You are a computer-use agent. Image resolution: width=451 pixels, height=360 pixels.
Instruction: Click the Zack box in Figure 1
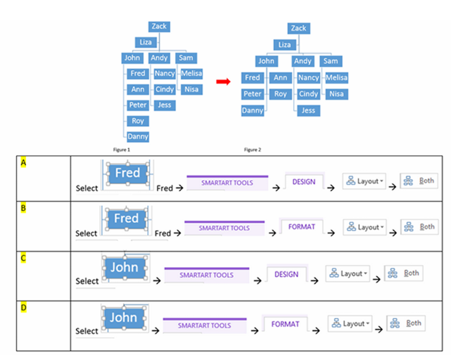(x=159, y=26)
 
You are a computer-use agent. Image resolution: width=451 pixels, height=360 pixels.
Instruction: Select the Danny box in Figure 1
(x=138, y=136)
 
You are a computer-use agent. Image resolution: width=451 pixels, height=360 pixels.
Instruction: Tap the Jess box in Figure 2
(x=308, y=110)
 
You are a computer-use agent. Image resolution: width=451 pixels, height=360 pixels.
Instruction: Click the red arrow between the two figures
(x=223, y=82)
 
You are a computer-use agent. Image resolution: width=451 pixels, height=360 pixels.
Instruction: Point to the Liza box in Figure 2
(x=284, y=45)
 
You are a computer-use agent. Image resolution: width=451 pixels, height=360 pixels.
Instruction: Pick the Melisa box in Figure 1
(x=191, y=74)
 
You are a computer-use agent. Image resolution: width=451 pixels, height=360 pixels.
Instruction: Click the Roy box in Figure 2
(x=280, y=94)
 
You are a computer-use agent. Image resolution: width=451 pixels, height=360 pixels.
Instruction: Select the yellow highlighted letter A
(x=24, y=163)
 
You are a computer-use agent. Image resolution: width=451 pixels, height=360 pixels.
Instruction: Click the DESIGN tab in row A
(x=304, y=182)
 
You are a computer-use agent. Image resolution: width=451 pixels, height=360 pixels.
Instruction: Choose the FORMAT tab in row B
(x=301, y=227)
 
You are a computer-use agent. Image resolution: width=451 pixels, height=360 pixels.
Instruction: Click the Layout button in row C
(x=348, y=273)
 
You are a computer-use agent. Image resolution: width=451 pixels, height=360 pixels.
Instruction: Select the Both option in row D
(x=407, y=323)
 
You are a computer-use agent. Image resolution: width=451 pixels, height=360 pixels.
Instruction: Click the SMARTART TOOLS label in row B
(x=224, y=227)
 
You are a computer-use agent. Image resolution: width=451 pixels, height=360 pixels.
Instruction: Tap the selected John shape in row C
(x=124, y=268)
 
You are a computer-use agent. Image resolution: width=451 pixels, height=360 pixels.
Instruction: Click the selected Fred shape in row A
(x=127, y=173)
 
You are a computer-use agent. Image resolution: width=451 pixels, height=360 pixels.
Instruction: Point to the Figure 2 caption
(x=252, y=150)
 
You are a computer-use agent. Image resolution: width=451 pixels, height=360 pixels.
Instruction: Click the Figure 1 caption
(x=121, y=150)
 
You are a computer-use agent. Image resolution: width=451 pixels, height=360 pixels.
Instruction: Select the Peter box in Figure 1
(x=138, y=105)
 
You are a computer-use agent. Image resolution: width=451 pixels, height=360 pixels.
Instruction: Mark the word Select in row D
(x=87, y=331)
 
